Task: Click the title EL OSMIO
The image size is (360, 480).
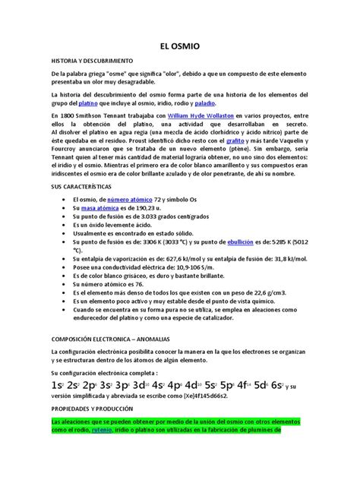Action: coord(180,46)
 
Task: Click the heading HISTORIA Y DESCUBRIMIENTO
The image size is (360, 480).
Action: coord(92,59)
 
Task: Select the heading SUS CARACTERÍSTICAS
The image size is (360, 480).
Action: coord(81,185)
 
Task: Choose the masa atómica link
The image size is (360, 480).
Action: coord(96,207)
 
